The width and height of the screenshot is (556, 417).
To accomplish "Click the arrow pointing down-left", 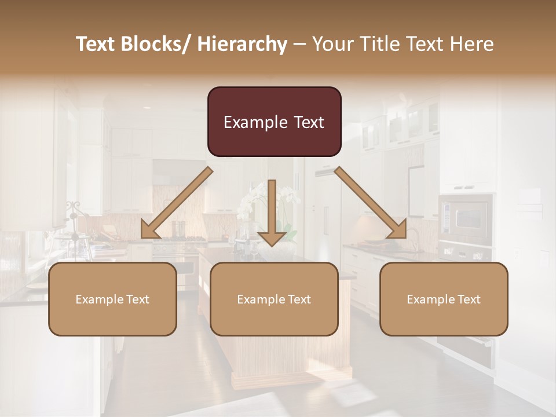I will click(x=177, y=203).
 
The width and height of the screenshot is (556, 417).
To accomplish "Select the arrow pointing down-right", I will click(x=371, y=203).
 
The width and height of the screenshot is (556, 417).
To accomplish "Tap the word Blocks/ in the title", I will click(x=158, y=45).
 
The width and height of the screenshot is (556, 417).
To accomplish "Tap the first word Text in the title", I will click(x=96, y=45).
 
